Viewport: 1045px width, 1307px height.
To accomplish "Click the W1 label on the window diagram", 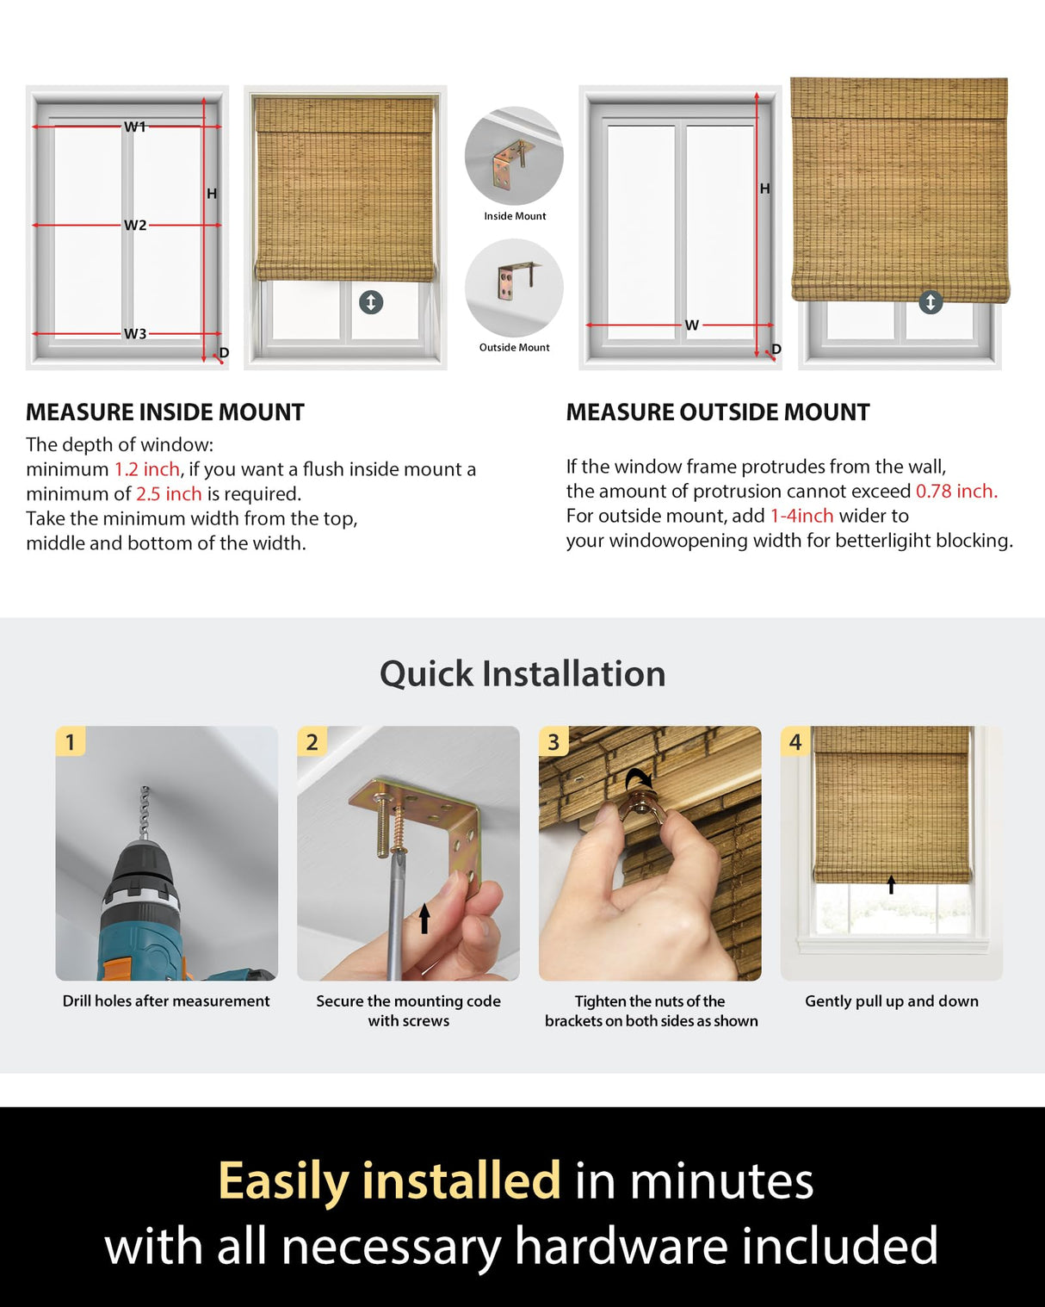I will click(x=135, y=127).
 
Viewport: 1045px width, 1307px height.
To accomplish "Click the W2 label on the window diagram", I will click(x=135, y=226).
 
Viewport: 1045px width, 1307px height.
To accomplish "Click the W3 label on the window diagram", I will click(x=135, y=334).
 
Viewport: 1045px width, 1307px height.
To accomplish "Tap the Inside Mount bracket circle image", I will click(x=514, y=156).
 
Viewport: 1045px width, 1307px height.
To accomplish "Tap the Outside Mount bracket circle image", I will click(x=514, y=288).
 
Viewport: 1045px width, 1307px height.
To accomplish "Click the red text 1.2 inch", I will click(x=147, y=469).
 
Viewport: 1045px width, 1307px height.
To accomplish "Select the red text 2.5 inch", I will click(x=169, y=494).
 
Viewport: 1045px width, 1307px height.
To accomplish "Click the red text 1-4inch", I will click(x=801, y=516).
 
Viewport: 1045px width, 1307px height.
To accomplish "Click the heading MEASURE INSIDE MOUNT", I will click(x=165, y=412).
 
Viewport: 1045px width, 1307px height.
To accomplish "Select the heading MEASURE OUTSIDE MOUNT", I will click(x=718, y=412).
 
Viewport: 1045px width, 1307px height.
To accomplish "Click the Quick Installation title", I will click(x=522, y=673).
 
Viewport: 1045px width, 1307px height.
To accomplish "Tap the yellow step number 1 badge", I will click(x=71, y=741).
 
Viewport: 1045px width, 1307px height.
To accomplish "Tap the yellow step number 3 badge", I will click(x=553, y=741).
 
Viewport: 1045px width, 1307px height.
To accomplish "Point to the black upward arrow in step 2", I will click(x=424, y=918).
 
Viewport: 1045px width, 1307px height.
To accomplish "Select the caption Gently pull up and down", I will click(x=891, y=1001).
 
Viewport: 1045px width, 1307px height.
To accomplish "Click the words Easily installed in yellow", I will click(x=389, y=1180).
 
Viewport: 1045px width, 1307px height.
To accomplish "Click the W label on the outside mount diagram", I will click(x=691, y=325).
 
